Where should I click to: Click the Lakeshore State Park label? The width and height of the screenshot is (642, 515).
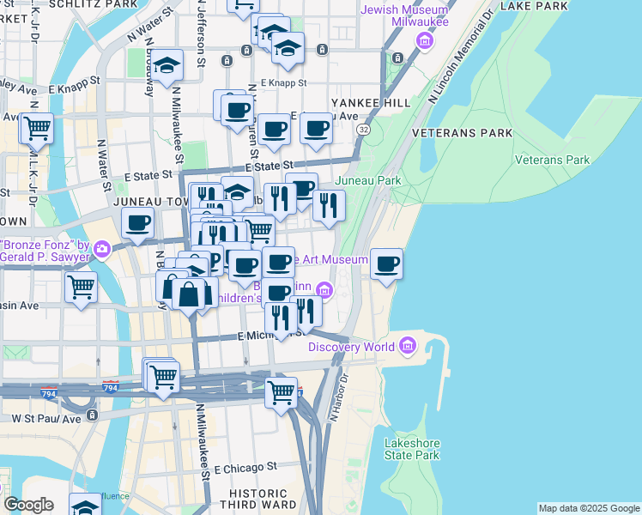pos(412,449)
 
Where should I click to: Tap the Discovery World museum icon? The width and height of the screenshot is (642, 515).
pos(408,347)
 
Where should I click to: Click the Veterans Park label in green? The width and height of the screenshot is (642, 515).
pos(552,160)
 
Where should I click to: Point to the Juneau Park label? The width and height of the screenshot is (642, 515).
pos(367,181)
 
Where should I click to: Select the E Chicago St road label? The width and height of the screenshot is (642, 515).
pos(246,469)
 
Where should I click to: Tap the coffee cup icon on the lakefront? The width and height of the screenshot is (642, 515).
pos(387,264)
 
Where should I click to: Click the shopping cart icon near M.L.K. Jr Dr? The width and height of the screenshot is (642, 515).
pos(37,129)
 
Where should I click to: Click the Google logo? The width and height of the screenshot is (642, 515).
pos(28,505)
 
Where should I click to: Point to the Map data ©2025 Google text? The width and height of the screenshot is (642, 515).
pos(589,508)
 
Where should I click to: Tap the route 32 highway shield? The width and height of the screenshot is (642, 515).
pos(364,129)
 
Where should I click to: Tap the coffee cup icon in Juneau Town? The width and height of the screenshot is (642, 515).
pos(138,225)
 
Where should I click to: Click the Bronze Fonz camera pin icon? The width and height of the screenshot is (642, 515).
pos(103,249)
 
